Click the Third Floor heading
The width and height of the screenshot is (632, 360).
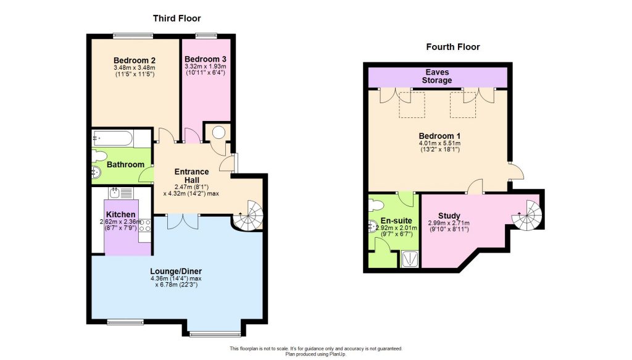coord(177,19)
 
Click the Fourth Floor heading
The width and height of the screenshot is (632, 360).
coord(453,47)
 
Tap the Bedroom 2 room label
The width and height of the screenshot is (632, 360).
coord(133,60)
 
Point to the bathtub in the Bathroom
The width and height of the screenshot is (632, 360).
coord(121,138)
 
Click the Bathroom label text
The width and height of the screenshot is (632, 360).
coord(125,165)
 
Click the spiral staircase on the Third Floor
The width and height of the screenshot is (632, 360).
coord(249,216)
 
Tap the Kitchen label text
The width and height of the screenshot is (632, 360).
coord(120,214)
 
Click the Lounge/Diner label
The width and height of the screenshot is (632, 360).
coord(176,271)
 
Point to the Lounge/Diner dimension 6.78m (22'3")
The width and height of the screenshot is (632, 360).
coord(176,285)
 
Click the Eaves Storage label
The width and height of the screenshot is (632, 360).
coord(436,76)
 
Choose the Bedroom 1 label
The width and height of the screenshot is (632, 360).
coord(439,136)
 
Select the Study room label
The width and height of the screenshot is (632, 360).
coord(449,216)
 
